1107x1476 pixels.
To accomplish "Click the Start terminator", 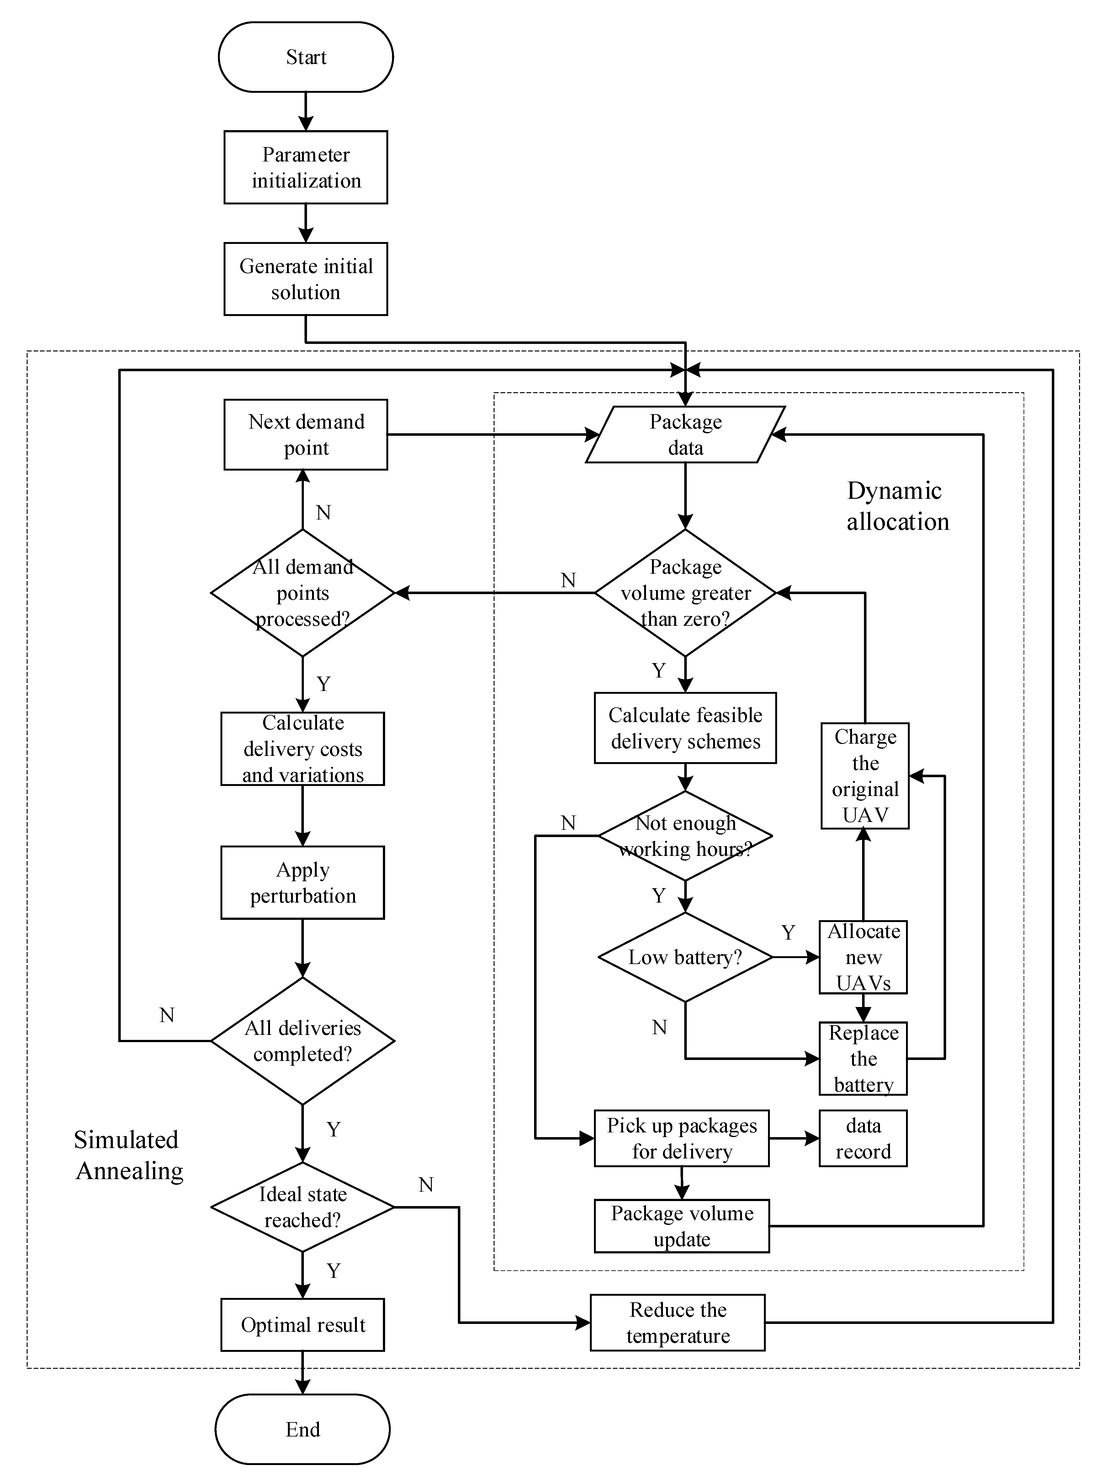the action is point(306,57).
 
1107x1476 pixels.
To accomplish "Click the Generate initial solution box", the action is point(306,279).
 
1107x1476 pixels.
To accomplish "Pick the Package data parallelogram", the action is point(685,435).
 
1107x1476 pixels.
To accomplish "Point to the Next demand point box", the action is point(306,435).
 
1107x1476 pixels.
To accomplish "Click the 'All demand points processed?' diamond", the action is point(303,593).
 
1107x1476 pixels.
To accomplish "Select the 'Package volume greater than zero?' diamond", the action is point(685,593).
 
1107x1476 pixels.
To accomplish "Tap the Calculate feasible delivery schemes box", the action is point(685,728).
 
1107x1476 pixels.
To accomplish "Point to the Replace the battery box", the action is point(863,1058).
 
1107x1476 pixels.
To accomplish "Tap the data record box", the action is point(863,1138).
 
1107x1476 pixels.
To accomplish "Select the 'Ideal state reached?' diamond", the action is point(303,1207).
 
